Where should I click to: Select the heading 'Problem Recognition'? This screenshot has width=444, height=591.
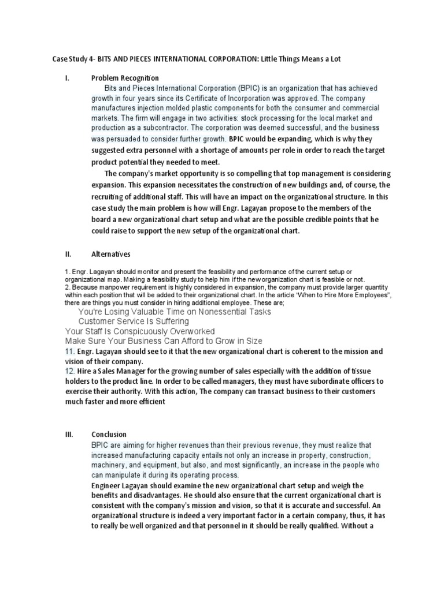tap(125, 77)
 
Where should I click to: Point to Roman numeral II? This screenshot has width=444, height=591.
tap(67, 253)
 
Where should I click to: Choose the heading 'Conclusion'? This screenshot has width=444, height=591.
tap(109, 434)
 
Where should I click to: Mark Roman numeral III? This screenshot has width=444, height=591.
tap(68, 434)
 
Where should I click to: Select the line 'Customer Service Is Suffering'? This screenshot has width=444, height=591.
tap(134, 321)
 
